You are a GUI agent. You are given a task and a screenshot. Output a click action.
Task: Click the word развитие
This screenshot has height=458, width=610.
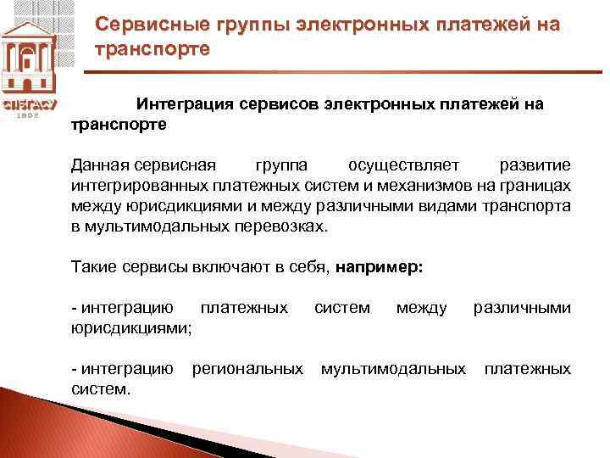point(535,164)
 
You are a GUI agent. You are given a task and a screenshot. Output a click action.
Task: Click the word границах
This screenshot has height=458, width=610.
point(535,185)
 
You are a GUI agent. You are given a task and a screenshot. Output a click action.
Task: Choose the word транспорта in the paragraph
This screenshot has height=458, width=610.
point(528,206)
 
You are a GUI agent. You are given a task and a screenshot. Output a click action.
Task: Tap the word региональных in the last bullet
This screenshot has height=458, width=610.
point(247,369)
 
